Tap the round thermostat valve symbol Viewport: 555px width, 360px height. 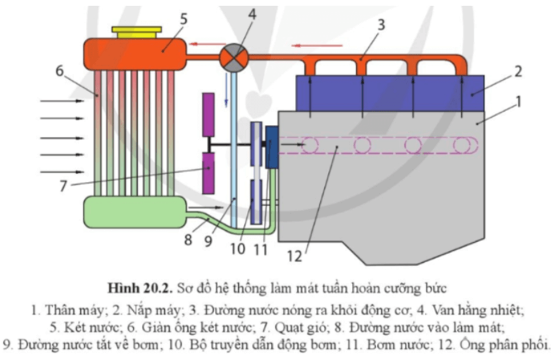233,58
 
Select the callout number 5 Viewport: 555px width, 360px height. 183,19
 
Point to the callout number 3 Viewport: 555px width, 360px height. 380,25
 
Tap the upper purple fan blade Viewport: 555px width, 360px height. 209,115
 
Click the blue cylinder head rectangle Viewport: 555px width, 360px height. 390,93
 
